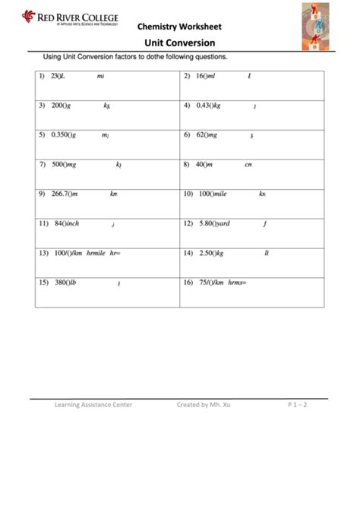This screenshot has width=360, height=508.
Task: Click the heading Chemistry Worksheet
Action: [175, 26]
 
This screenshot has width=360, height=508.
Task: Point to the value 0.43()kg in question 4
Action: [208, 106]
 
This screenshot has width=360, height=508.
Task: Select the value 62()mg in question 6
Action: [207, 134]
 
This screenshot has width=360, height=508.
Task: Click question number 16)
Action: [188, 282]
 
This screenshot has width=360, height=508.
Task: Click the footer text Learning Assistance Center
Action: [93, 405]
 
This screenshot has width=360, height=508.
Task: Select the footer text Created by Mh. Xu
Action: [203, 405]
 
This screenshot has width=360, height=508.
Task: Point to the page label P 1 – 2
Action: [298, 405]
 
